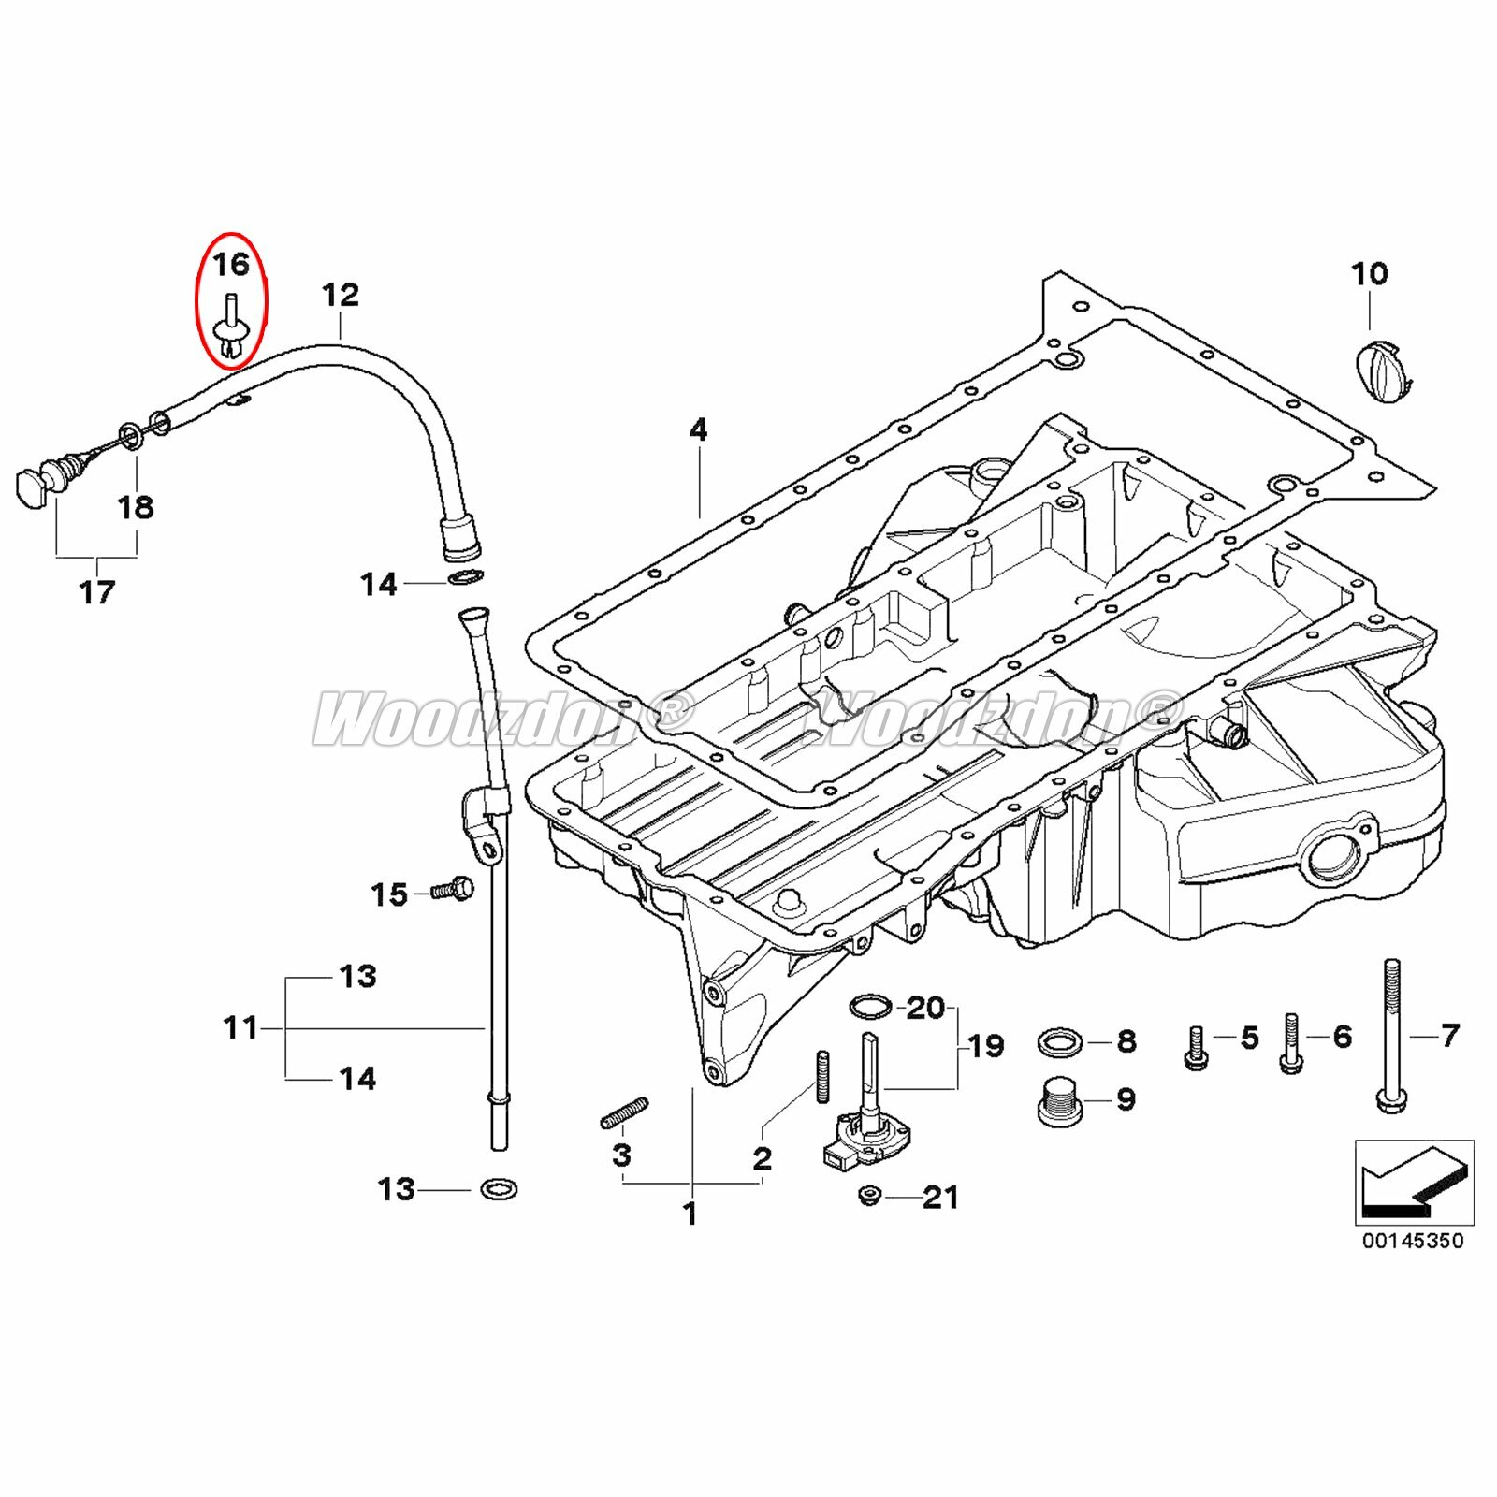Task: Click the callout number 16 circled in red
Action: coord(231,265)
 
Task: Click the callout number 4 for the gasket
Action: coord(698,430)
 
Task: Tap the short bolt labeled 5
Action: coord(1196,1048)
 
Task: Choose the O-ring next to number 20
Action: coord(869,1007)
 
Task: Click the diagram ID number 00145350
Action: coord(1413,1241)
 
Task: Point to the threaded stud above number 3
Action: coord(623,1112)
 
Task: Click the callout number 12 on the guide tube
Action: coord(340,296)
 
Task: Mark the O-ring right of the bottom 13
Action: coord(499,1189)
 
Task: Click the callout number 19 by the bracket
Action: coord(985,1045)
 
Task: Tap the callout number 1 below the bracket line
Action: coord(690,1214)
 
